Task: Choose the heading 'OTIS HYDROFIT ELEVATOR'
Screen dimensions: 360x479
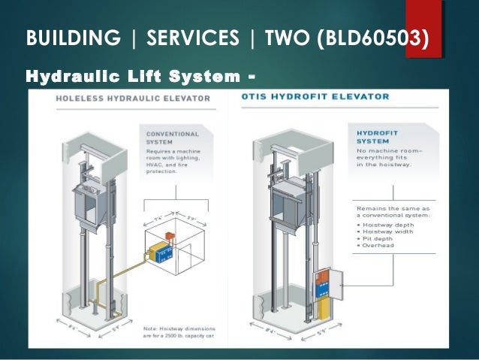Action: [x=316, y=97]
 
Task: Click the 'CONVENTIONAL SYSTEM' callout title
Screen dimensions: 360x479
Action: [x=173, y=138]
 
